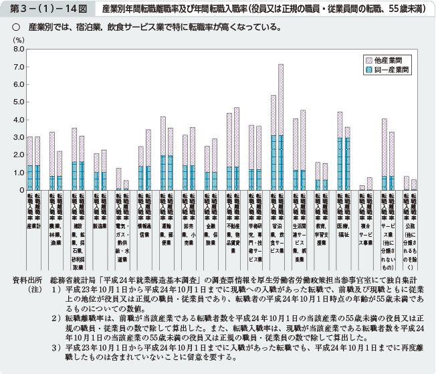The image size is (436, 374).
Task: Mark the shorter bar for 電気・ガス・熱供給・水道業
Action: click(126, 185)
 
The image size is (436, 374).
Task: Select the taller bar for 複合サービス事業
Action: click(369, 183)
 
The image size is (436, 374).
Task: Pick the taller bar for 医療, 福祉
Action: click(340, 151)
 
